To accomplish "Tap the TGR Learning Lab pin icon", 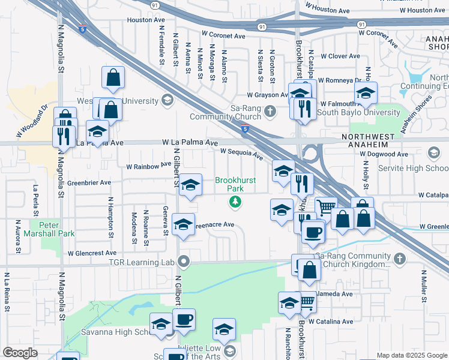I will coord(185,262).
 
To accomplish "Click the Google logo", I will coord(20,352).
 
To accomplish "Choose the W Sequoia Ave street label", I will coord(241,154).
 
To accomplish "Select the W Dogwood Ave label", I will coord(384,154).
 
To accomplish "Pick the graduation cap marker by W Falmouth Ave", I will coord(365,93).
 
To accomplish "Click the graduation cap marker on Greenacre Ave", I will coord(183,225).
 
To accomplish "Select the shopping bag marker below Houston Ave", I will coord(113,77).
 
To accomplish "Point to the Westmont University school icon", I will coord(167,100).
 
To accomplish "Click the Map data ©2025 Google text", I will coord(412,355).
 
